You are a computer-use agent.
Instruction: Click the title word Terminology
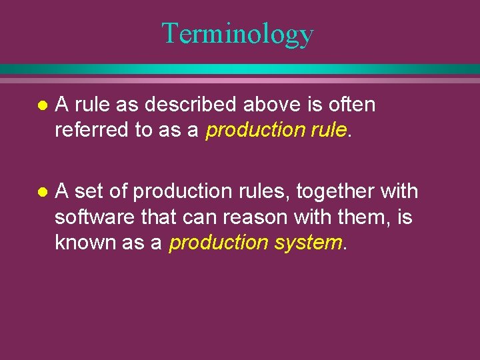tap(237, 33)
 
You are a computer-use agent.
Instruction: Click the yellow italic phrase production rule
tap(277, 130)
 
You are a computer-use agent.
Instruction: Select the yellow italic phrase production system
tap(255, 243)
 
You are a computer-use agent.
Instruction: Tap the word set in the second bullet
tap(89, 192)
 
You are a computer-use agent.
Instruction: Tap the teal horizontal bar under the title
tap(240, 69)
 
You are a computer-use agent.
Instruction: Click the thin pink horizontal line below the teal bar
tap(240, 80)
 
